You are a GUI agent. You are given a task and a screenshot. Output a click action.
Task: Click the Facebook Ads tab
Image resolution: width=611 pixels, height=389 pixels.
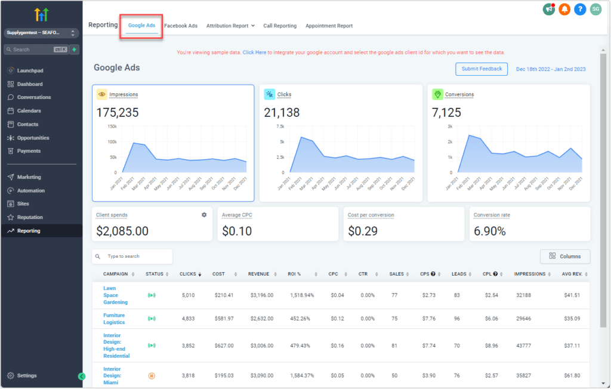click(x=181, y=26)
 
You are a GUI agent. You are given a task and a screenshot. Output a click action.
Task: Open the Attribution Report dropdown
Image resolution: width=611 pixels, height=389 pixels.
click(x=230, y=26)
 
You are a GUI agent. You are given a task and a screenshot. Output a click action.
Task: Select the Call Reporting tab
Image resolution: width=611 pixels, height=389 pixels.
click(x=280, y=26)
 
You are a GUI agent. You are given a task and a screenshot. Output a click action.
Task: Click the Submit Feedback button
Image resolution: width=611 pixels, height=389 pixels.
click(x=482, y=69)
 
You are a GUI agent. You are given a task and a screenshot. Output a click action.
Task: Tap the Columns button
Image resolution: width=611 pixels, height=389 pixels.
click(x=565, y=256)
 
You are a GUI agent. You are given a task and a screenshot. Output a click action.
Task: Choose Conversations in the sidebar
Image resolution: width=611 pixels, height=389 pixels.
click(x=33, y=97)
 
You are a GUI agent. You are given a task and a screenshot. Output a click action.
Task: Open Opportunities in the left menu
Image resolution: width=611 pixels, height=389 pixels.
click(x=33, y=138)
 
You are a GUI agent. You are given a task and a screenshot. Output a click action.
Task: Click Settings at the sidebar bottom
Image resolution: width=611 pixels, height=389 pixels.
click(x=27, y=375)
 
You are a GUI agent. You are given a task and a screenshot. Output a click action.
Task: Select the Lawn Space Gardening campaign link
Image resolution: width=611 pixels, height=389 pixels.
click(x=115, y=295)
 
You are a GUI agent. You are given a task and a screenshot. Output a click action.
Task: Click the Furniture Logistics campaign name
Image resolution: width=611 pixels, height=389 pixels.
click(x=114, y=318)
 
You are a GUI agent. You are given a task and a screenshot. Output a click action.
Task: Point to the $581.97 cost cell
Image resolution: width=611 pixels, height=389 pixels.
click(x=223, y=318)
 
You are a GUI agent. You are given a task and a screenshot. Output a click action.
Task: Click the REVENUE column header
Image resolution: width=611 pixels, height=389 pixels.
click(x=260, y=274)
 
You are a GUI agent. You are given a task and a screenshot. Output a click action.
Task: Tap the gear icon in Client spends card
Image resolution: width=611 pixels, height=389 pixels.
click(x=203, y=214)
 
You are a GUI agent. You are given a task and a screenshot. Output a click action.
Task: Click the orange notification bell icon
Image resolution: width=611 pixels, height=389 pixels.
click(x=564, y=9)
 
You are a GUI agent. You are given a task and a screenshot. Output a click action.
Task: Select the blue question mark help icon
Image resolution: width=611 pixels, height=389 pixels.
click(x=579, y=9)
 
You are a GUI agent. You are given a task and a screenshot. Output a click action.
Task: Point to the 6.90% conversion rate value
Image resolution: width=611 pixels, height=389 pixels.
click(x=489, y=231)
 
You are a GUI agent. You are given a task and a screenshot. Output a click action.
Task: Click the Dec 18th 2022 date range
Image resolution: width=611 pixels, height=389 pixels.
click(x=550, y=69)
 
